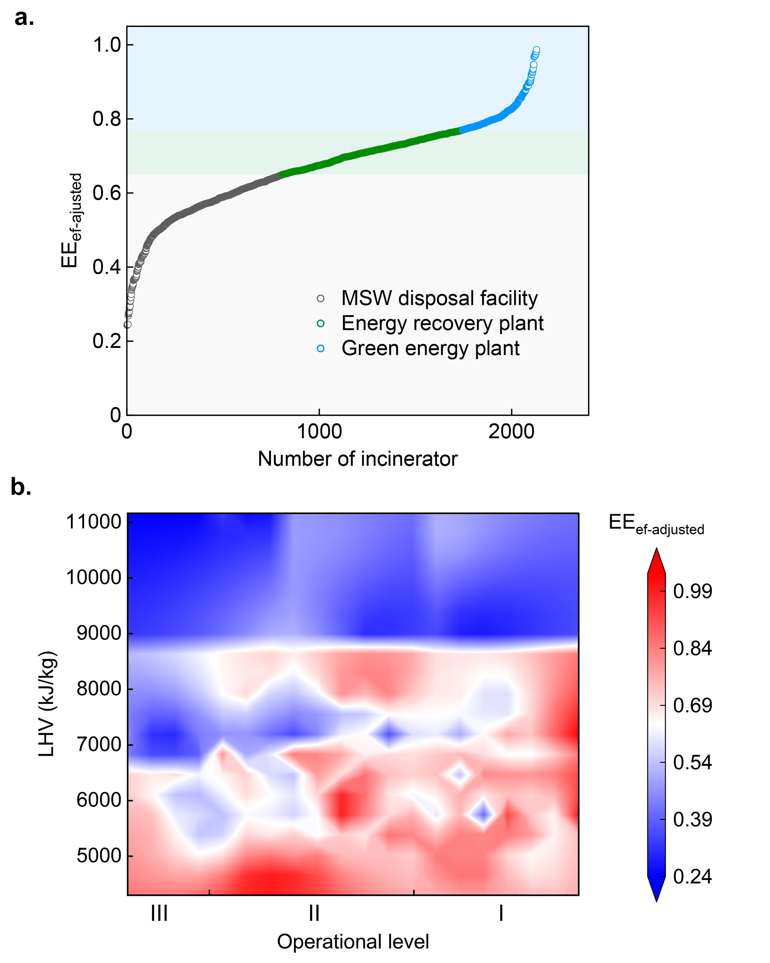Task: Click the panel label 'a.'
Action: pyautogui.click(x=24, y=18)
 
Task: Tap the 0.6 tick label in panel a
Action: pyautogui.click(x=107, y=193)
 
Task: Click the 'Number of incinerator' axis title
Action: pyautogui.click(x=357, y=459)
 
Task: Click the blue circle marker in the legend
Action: pyautogui.click(x=320, y=348)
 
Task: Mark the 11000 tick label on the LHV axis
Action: pyautogui.click(x=94, y=522)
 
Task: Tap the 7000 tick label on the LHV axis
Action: pyautogui.click(x=99, y=744)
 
